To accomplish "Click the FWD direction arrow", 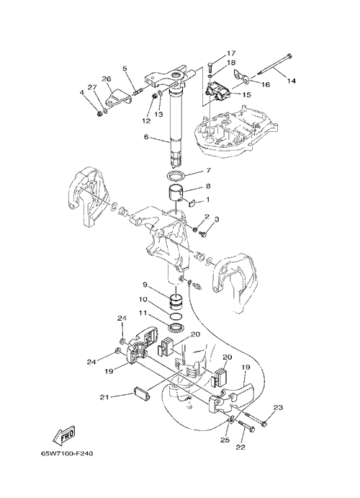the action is [x=64, y=435].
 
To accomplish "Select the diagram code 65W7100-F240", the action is [x=67, y=453].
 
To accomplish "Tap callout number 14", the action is [x=291, y=81].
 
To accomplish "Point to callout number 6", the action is [x=146, y=138].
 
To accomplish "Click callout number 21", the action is [x=105, y=396].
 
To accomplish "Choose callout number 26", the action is [x=106, y=78].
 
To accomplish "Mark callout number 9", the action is [x=145, y=285].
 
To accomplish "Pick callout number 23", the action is [x=278, y=407].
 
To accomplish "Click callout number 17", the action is [x=230, y=53].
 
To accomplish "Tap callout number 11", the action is [x=143, y=314].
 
